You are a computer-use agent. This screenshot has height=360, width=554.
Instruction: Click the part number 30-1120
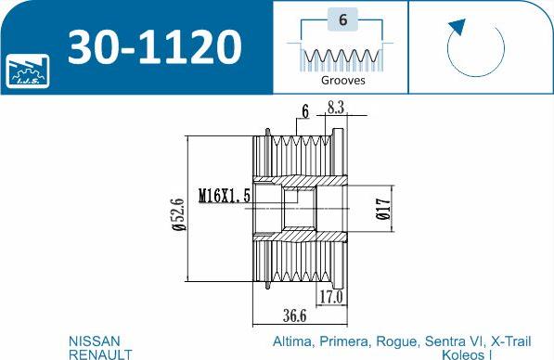(x=155, y=47)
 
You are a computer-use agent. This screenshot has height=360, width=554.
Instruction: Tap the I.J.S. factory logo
(x=28, y=71)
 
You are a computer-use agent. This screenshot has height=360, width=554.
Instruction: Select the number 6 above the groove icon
(x=342, y=19)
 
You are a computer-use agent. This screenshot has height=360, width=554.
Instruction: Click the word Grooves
(x=342, y=80)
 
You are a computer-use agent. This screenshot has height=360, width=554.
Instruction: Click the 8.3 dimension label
(x=335, y=108)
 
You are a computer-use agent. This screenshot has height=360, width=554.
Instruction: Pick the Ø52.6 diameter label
(x=179, y=214)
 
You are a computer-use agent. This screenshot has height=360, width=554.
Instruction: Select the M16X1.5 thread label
(x=225, y=196)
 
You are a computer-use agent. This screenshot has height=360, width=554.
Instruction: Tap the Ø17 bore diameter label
(x=383, y=209)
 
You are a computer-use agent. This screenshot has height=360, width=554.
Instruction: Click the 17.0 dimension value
(x=331, y=297)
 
